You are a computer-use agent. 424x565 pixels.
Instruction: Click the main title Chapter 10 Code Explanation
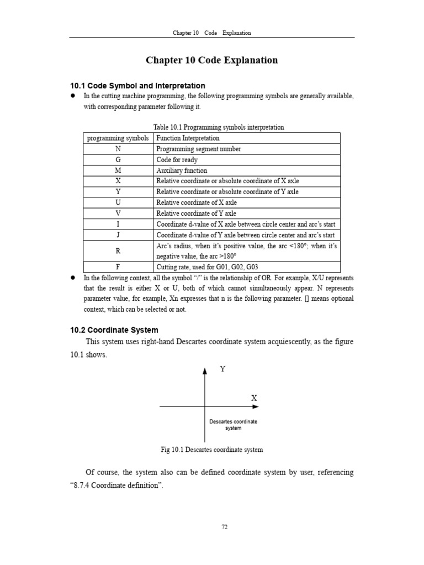tap(211, 60)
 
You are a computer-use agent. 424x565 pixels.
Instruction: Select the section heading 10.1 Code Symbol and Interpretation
tap(137, 86)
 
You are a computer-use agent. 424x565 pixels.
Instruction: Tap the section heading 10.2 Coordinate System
tap(114, 330)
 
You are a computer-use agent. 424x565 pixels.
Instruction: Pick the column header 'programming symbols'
tap(118, 138)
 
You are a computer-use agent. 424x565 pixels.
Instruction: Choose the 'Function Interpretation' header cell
tap(188, 138)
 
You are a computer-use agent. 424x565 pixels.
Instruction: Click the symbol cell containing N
tap(118, 149)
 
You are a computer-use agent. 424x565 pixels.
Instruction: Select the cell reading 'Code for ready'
tap(177, 160)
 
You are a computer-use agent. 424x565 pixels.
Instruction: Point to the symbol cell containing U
tap(118, 202)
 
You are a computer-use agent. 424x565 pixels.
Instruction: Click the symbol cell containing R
tap(118, 251)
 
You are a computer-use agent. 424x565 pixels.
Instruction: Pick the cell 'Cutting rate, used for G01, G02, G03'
tap(206, 266)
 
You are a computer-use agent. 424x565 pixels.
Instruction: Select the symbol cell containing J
tap(118, 234)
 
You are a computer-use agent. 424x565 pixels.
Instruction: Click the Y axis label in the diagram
tap(223, 369)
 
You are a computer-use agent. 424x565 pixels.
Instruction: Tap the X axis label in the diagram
tap(255, 398)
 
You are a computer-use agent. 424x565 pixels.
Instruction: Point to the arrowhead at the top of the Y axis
tap(205, 371)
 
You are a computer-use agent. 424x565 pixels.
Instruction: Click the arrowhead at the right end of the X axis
tap(256, 407)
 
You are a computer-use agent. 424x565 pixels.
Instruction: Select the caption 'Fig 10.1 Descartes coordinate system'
tap(211, 450)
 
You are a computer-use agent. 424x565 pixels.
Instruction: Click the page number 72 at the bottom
tap(225, 527)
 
